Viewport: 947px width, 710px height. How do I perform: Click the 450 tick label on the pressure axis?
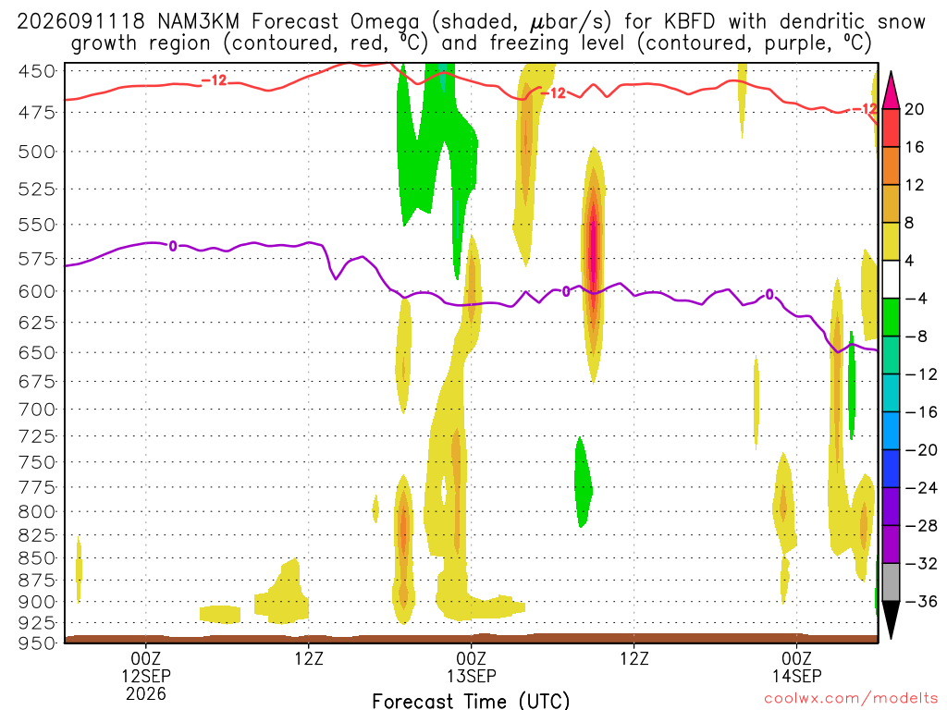tap(36, 71)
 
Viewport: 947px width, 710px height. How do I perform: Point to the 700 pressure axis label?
tap(36, 410)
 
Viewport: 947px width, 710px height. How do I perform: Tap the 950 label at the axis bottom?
tap(36, 643)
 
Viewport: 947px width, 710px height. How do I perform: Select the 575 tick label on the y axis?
tap(36, 259)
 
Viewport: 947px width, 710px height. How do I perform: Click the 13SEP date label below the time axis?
tap(471, 676)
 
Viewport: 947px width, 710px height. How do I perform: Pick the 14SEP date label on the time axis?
tap(796, 676)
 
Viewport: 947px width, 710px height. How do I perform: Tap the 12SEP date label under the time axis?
tap(145, 676)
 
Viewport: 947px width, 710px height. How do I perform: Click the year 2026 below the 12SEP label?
tap(145, 693)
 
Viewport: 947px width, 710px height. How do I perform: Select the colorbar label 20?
tap(915, 109)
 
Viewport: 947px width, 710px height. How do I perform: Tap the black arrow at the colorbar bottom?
tap(891, 618)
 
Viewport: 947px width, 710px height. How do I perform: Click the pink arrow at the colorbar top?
tap(891, 92)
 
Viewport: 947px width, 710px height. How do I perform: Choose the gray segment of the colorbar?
tap(891, 582)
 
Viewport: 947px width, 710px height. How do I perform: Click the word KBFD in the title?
tap(689, 22)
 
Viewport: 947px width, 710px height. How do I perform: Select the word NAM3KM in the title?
tap(198, 22)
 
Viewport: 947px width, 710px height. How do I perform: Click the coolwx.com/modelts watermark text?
tap(851, 699)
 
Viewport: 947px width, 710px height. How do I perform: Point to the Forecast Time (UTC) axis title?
tap(471, 701)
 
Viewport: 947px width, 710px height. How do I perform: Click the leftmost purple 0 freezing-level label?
tap(173, 246)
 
